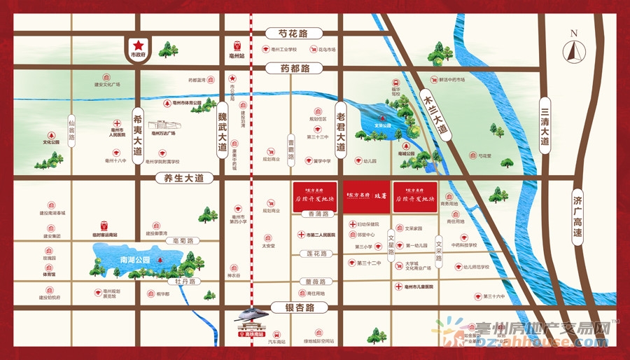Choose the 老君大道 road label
tap(341, 131)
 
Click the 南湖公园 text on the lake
tap(135, 260)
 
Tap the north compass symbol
tap(574, 50)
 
